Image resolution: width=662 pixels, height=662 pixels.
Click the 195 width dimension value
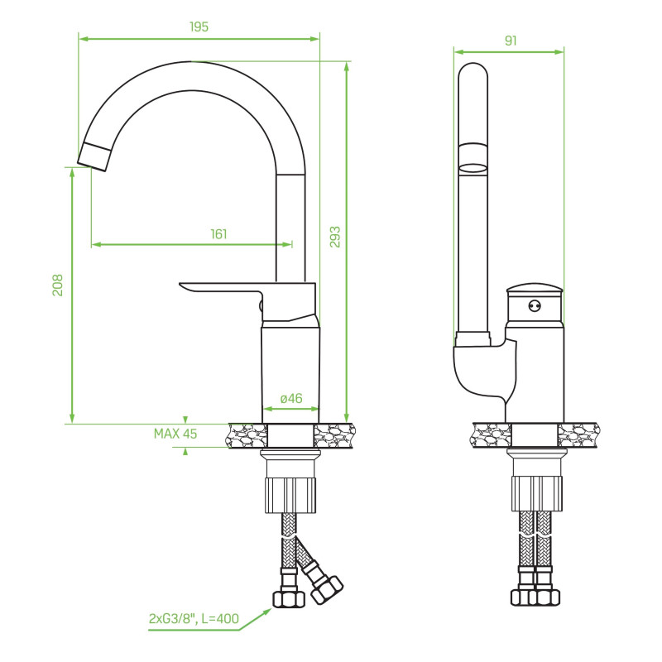199,26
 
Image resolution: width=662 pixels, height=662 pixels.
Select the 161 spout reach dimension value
218,234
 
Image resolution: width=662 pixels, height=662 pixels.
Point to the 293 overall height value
334,237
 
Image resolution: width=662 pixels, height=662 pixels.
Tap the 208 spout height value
58,286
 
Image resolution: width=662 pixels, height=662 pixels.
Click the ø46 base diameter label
291,398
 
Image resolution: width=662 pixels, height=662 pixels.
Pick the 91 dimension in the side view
510,40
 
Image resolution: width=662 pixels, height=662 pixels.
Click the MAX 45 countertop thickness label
175,433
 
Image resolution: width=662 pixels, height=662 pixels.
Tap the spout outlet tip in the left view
95,156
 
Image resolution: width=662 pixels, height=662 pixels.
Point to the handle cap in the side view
535,289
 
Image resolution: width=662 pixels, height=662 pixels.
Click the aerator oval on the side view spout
473,168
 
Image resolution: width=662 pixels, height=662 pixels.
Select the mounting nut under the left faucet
290,494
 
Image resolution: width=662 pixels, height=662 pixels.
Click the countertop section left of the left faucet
246,435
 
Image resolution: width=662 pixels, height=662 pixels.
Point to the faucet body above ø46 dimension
290,364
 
